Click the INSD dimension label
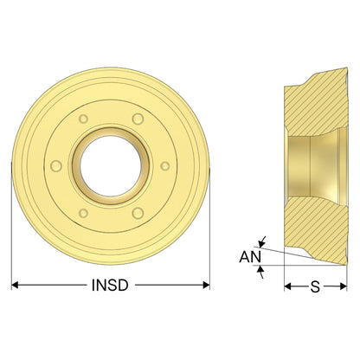[x=110, y=286]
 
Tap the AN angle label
[x=250, y=257]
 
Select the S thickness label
[x=315, y=286]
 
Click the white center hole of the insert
[x=111, y=166]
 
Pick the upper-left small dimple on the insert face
[x=83, y=119]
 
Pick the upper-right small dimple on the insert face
[x=138, y=119]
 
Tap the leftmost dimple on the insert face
[x=56, y=166]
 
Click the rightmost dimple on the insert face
[x=165, y=166]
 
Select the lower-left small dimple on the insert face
[x=83, y=214]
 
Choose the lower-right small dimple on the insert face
[x=138, y=214]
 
